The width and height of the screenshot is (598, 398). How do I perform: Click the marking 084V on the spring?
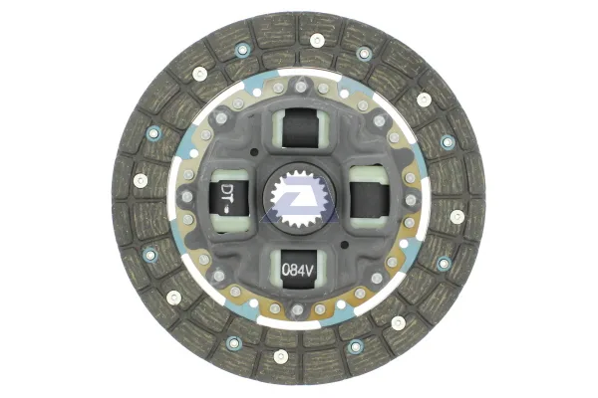(x=297, y=270)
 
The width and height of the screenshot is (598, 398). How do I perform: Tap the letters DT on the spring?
(x=227, y=190)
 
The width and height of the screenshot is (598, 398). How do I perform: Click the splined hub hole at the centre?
(x=299, y=200)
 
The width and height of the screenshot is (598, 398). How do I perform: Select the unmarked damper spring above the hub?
(x=300, y=127)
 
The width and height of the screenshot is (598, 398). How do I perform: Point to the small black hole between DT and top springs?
(x=253, y=152)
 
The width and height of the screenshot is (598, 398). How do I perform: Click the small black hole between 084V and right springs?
(x=345, y=244)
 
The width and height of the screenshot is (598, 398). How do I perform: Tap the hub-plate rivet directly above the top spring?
(x=301, y=88)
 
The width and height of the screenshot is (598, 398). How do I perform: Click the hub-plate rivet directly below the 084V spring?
(x=297, y=309)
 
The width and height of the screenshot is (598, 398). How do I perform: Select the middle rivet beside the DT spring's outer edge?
(x=187, y=197)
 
